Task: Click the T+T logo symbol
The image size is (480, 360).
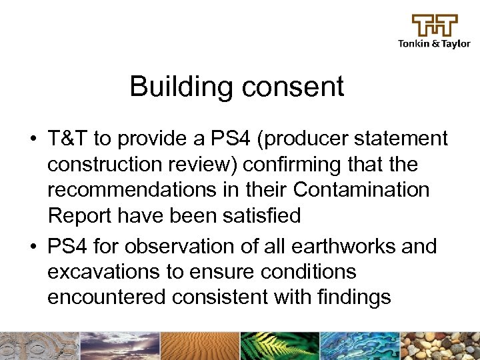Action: tap(434, 26)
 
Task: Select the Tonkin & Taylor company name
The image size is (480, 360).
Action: tap(434, 44)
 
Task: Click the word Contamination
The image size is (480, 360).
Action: tap(361, 190)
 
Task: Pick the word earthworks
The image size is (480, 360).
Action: tap(349, 247)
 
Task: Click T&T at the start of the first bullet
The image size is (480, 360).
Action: tap(68, 139)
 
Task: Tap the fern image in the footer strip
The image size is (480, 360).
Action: tap(279, 346)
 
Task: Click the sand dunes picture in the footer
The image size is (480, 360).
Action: tap(199, 346)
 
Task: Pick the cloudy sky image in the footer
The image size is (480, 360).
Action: tap(120, 346)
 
